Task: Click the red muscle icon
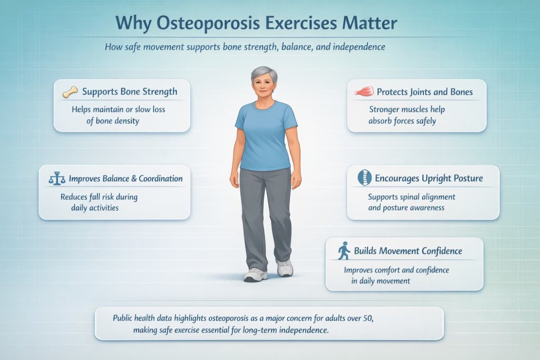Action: click(363, 92)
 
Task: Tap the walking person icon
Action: click(343, 251)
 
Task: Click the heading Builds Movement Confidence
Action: click(408, 251)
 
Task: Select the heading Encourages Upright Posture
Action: click(429, 178)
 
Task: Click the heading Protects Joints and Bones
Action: click(425, 92)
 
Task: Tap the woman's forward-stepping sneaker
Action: click(256, 274)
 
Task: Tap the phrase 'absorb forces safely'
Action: click(402, 121)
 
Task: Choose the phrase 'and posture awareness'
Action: click(406, 208)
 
